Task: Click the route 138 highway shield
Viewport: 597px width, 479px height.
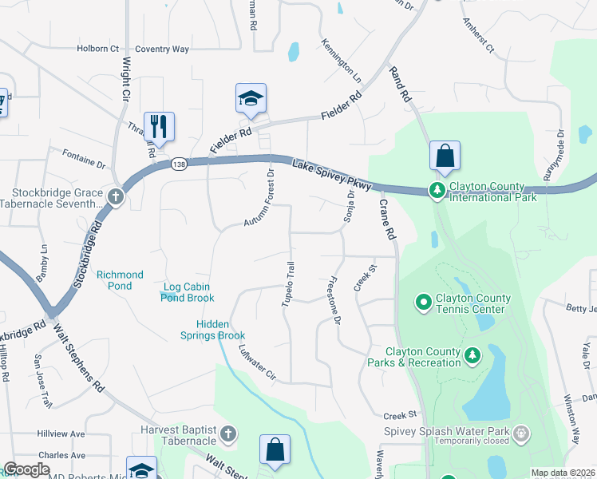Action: coord(180,163)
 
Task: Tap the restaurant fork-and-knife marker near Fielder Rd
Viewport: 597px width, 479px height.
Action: coord(159,126)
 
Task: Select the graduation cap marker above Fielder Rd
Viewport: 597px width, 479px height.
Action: coord(251,99)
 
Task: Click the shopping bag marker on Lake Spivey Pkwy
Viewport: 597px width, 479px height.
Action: coord(445,155)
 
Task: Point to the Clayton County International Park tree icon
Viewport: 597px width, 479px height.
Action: coord(437,190)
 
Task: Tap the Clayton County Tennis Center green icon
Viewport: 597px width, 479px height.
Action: coord(423,302)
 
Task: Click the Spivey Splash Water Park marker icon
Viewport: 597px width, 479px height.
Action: coord(521,433)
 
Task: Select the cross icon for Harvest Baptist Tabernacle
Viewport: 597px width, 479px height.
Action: coord(227,434)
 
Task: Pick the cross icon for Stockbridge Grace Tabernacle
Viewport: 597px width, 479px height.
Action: coord(116,196)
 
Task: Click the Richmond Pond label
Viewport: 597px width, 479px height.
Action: coord(120,280)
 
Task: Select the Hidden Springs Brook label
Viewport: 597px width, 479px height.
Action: coord(222,330)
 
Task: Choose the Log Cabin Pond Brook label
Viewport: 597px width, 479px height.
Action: coord(188,292)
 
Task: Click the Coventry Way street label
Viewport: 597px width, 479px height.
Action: coord(162,49)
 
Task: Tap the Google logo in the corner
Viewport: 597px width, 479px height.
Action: coord(26,469)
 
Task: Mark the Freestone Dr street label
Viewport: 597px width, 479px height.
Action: coord(333,301)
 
